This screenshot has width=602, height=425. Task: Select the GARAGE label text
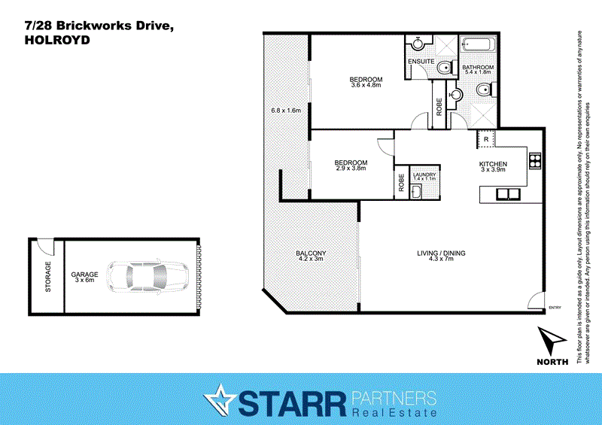pos(84,276)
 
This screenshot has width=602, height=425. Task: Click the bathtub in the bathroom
pos(479,44)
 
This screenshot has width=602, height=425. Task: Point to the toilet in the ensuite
pos(445,68)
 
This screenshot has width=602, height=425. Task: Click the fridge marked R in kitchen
pos(486,139)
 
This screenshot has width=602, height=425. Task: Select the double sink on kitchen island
pos(503,193)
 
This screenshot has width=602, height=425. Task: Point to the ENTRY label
pos(555,307)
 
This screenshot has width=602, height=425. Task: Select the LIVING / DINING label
pos(441,253)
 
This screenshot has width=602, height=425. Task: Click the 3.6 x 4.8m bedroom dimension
pos(366,85)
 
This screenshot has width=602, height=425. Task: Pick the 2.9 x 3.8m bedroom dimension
pos(351,168)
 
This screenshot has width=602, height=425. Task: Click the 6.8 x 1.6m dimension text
pos(286,111)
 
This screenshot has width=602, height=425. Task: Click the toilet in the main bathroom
pos(485,91)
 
